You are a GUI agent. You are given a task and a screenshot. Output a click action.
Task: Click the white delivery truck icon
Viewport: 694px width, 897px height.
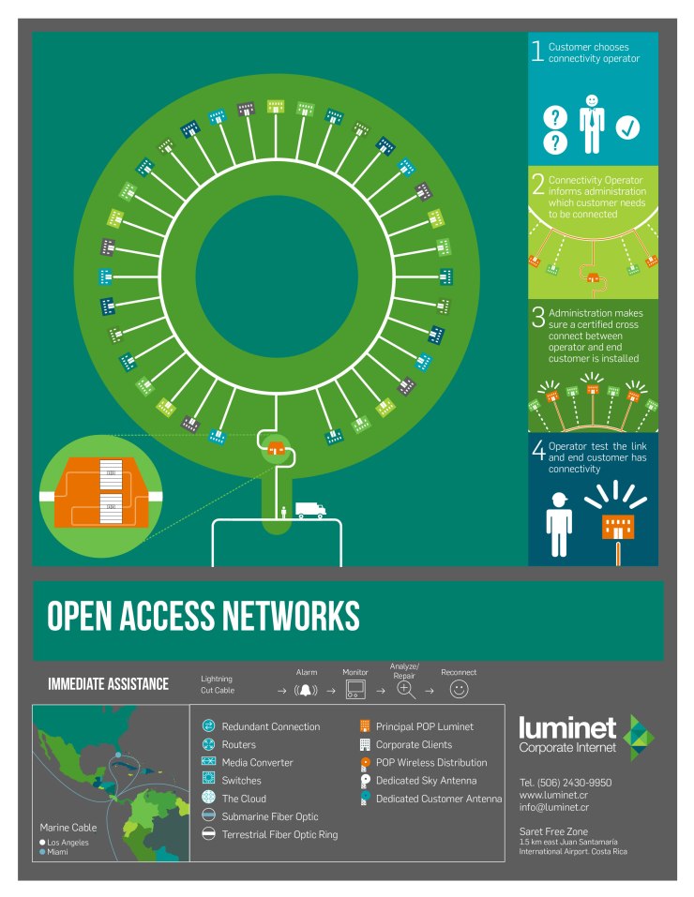tap(310, 510)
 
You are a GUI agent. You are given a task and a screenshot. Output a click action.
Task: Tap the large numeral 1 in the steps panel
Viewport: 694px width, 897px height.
tap(537, 52)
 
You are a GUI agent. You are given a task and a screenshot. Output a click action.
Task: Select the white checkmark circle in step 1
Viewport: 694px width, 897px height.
tap(626, 128)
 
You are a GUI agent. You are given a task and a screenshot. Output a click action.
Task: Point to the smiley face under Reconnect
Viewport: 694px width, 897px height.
tap(459, 690)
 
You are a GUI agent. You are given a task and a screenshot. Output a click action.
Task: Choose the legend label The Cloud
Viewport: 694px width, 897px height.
tap(244, 799)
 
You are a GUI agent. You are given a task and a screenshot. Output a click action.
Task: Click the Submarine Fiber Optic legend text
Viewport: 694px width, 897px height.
tap(270, 816)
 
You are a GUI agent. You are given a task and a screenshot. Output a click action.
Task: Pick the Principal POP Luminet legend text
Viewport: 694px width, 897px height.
tap(425, 726)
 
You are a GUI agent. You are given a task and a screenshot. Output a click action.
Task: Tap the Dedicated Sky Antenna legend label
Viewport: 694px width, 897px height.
tap(426, 780)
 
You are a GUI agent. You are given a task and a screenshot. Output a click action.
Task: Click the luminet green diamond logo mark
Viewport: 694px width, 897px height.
tap(640, 738)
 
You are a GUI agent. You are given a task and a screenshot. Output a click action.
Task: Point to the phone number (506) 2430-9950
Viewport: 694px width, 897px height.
tap(566, 782)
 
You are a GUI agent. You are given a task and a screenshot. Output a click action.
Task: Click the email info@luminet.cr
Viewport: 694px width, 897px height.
tap(554, 806)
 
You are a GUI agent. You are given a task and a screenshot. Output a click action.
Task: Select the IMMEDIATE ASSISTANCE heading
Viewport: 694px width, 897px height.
tap(108, 684)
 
